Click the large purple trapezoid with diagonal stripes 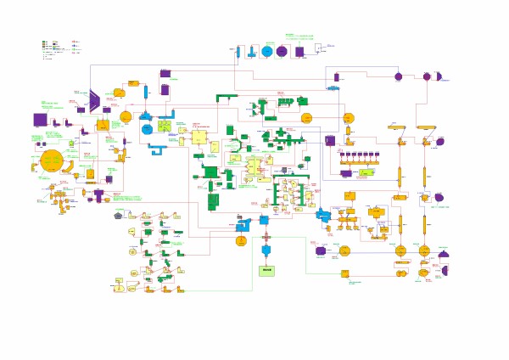point(95,101)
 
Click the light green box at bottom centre point(267,270)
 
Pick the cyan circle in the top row point(267,51)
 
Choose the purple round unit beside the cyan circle point(282,51)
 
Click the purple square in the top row point(299,51)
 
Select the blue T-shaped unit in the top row point(241,53)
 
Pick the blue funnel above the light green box point(266,250)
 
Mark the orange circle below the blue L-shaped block point(241,241)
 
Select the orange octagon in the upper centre point(307,116)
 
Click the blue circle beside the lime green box point(147,128)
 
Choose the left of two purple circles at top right point(398,76)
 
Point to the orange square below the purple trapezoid point(102,125)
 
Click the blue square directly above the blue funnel point(265,220)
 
